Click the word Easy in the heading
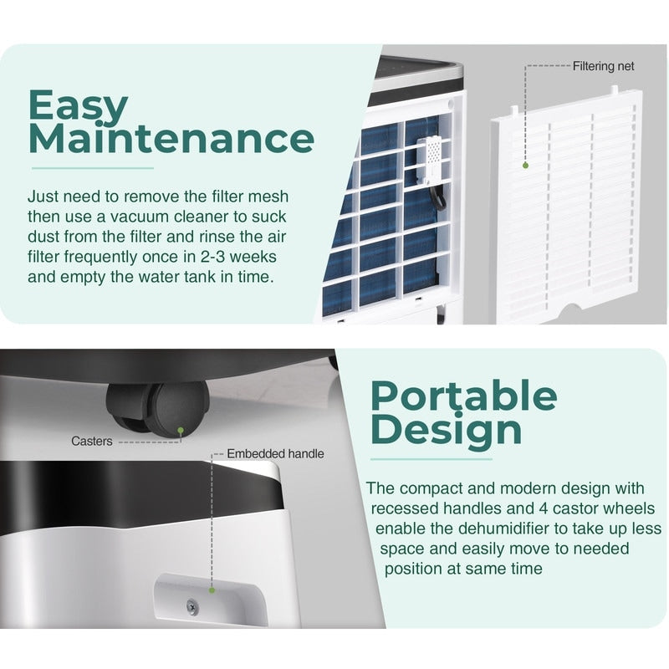coord(79,107)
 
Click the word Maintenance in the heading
coord(171,139)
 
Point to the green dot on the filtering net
coord(526,165)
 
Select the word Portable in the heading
coord(463,396)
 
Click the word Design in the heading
coord(446,430)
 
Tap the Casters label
coord(92,441)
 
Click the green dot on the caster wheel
coord(181,431)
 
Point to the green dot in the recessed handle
coord(212,590)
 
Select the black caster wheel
coord(157,408)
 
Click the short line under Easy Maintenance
coord(92,168)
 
